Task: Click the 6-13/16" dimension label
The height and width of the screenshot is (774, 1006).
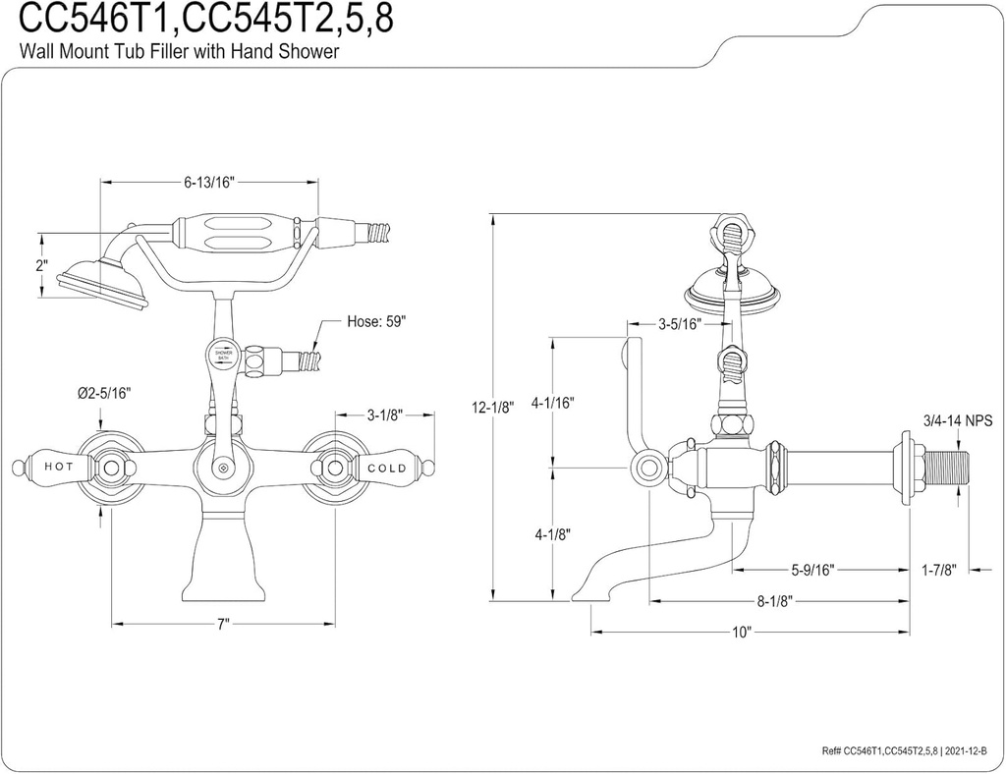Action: click(x=208, y=182)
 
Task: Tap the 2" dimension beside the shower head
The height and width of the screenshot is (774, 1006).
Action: click(x=40, y=265)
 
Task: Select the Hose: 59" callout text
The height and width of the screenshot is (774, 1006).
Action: click(x=376, y=321)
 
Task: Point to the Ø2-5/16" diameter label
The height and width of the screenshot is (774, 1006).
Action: click(x=104, y=393)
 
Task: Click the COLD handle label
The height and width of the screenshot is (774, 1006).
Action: click(x=386, y=468)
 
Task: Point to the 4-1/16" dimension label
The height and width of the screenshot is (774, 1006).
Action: click(x=552, y=403)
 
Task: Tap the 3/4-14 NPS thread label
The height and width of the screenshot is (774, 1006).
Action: click(x=958, y=421)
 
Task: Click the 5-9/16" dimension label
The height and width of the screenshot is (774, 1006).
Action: click(x=813, y=570)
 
